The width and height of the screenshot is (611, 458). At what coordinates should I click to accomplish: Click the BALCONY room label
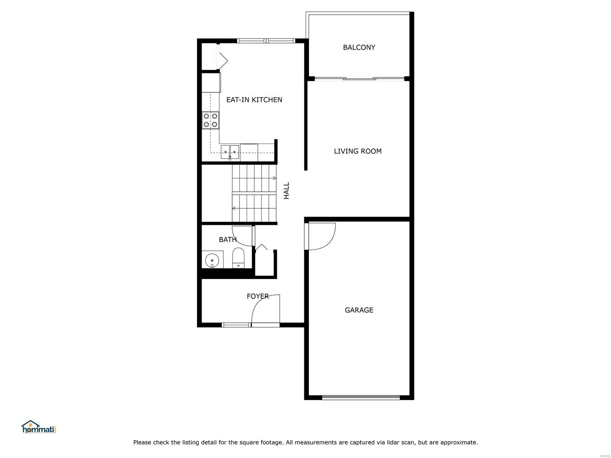359,47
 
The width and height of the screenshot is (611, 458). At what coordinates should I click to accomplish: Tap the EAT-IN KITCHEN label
254,100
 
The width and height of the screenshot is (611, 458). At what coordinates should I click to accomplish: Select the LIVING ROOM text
358,151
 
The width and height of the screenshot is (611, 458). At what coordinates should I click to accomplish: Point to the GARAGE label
359,310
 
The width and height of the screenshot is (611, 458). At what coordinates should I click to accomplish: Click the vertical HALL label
286,190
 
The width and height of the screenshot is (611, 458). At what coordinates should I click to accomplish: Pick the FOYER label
258,296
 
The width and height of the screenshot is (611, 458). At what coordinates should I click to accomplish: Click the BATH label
228,239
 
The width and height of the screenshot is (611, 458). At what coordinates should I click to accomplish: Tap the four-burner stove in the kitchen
210,120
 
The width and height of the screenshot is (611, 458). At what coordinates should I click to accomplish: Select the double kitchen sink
230,152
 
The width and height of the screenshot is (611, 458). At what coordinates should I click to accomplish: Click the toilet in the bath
238,258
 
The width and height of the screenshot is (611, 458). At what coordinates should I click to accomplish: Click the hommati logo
39,427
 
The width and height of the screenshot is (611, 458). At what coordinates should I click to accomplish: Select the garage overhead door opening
361,397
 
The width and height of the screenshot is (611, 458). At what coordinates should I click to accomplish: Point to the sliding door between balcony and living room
359,79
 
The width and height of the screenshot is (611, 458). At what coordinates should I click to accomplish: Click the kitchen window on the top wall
266,41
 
